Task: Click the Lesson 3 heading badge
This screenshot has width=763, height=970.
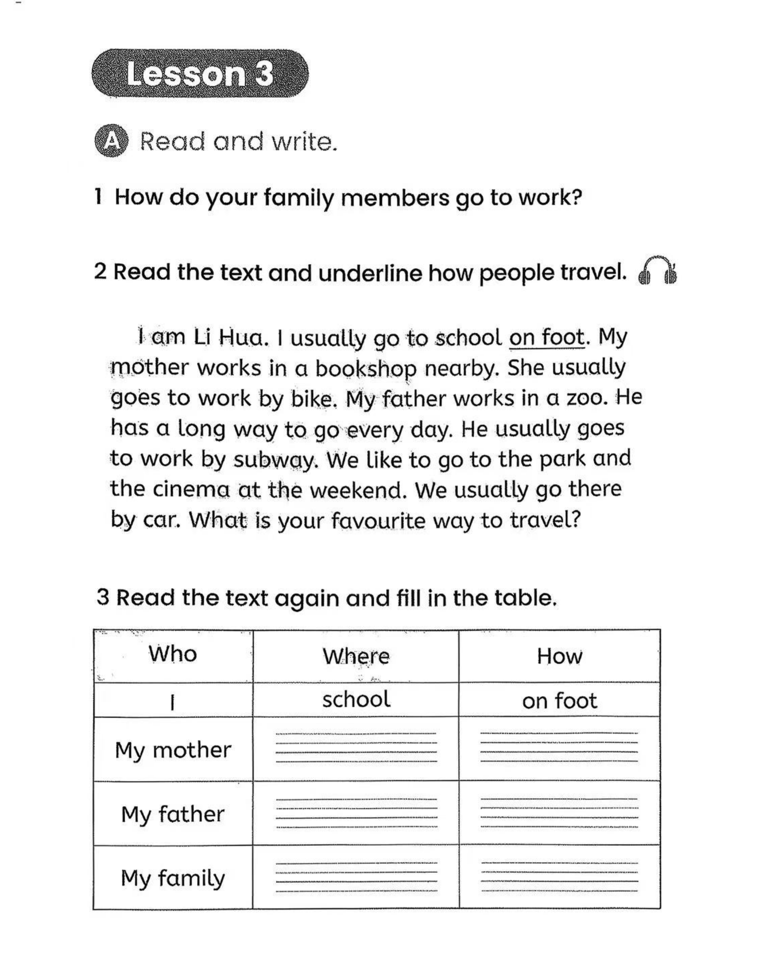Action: click(200, 74)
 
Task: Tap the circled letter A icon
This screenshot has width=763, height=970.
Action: click(111, 142)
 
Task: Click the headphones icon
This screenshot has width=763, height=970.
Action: click(657, 272)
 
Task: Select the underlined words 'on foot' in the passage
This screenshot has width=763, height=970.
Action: click(547, 337)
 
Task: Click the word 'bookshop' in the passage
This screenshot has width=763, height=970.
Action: click(365, 369)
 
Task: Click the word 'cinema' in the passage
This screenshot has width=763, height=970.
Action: click(191, 489)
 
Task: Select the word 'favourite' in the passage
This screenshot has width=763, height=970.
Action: click(378, 521)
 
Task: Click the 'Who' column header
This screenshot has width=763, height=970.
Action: click(173, 654)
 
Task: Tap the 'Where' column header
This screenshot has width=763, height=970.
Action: click(356, 656)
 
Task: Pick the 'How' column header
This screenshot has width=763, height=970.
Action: click(559, 656)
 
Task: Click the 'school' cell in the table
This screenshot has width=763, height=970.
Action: click(356, 700)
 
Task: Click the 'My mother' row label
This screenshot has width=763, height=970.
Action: click(173, 750)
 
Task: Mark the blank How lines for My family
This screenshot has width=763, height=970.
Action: click(559, 877)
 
